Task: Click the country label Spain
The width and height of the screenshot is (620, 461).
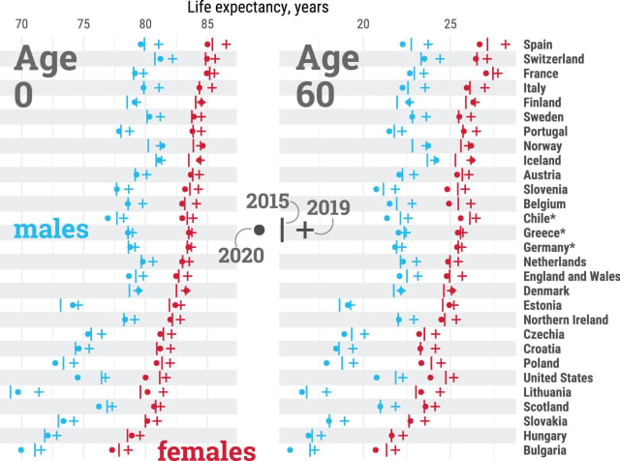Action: [540, 45]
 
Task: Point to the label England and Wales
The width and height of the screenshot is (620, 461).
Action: [568, 276]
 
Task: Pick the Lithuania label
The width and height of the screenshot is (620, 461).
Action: [547, 392]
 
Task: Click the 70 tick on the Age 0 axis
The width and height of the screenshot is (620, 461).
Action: [22, 23]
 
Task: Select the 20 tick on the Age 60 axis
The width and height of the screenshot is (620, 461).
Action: [363, 23]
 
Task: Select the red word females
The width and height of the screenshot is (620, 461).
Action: [206, 449]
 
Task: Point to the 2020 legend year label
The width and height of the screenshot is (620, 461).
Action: [239, 254]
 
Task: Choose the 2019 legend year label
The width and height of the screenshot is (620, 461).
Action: [326, 207]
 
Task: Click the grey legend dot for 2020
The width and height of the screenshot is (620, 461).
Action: [259, 230]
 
